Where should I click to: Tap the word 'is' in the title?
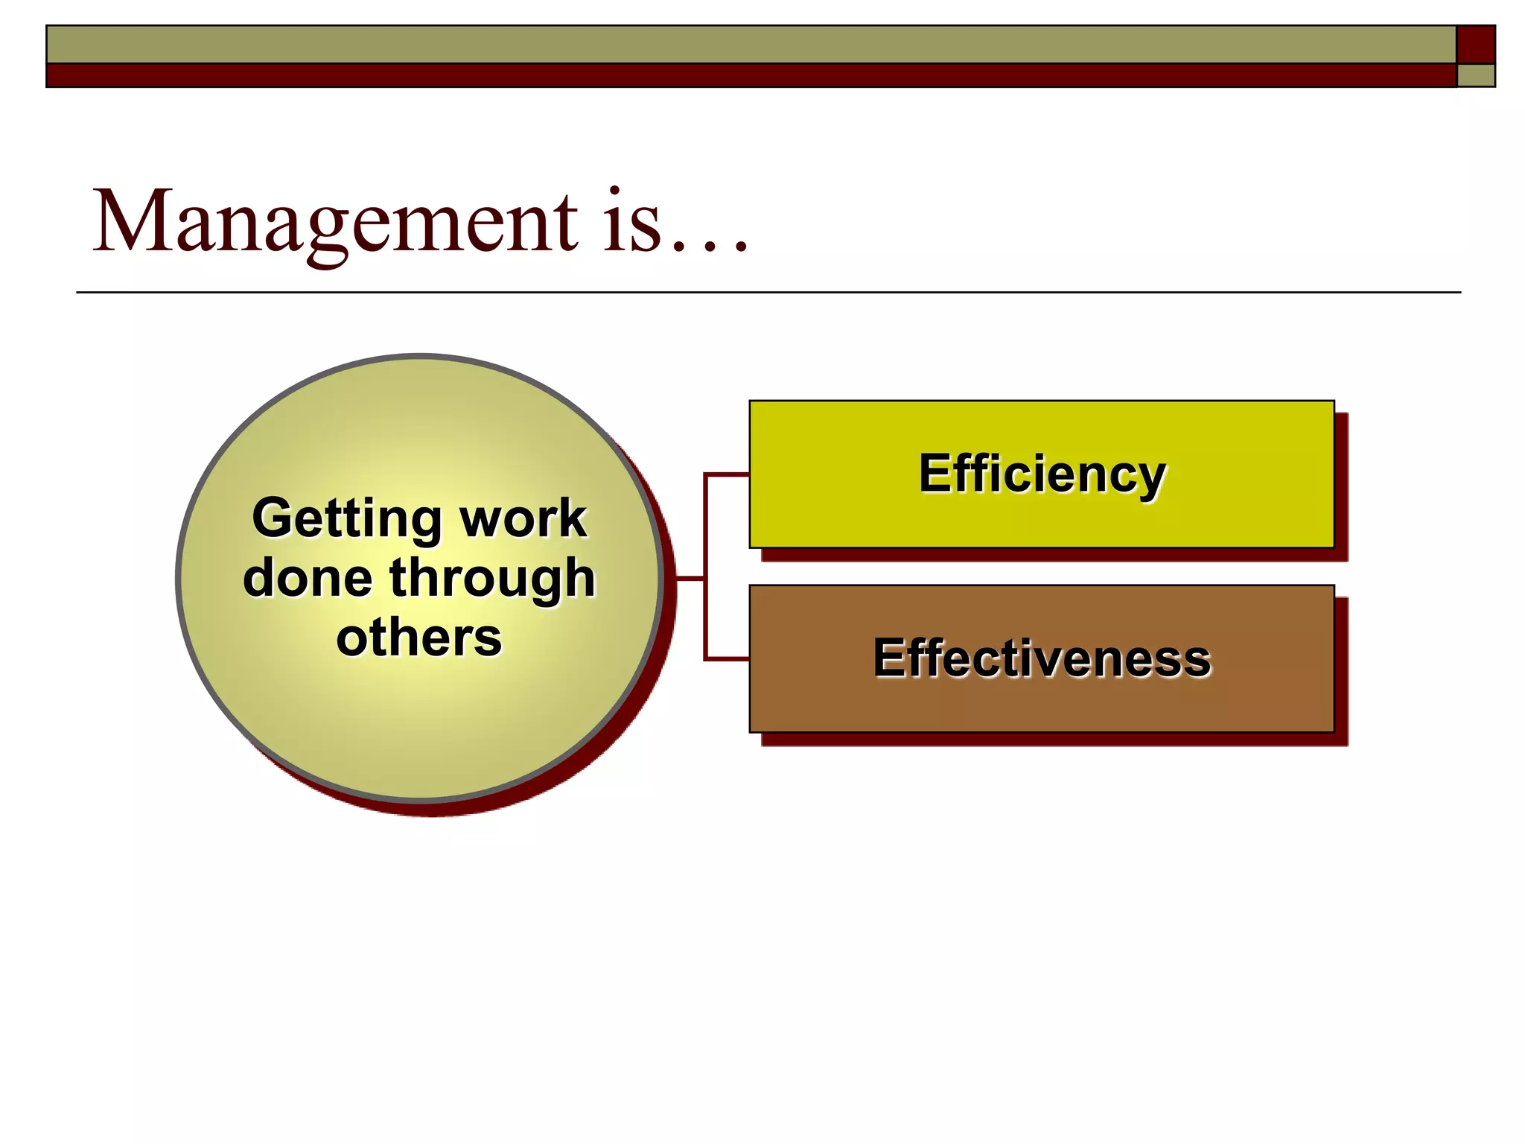coord(631,222)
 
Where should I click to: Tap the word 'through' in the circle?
coord(492,579)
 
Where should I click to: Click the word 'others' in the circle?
coord(419,638)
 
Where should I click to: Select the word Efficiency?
coord(1042,474)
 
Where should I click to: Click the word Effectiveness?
coord(1042,658)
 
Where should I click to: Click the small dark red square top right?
coord(1475,44)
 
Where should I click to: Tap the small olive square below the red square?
coord(1475,75)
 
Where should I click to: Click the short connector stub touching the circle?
coord(690,578)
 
